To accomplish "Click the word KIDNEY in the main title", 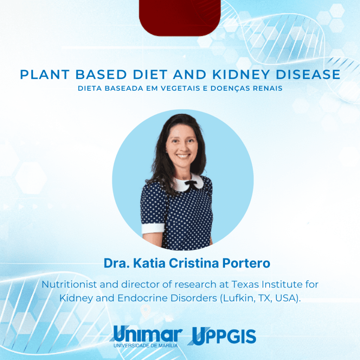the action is coord(241,75).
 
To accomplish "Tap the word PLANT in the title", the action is coord(45,75).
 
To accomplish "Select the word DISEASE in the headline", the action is coord(308,75).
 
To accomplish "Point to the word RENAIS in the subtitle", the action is coord(268,88).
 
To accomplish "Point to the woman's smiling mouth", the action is coord(183,156).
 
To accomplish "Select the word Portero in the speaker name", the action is coord(246,263).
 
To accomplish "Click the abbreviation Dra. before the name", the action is coord(117,263).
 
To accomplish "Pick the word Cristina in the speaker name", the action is coord(194,263).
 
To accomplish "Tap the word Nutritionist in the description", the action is coord(69,284).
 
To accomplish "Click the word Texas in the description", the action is coord(245,284).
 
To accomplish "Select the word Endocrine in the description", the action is coord(143,298).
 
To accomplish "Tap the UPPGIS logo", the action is coord(222,336).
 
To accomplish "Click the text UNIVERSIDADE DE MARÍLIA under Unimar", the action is coord(146,346).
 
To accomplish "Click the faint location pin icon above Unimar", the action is coord(146,311).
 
